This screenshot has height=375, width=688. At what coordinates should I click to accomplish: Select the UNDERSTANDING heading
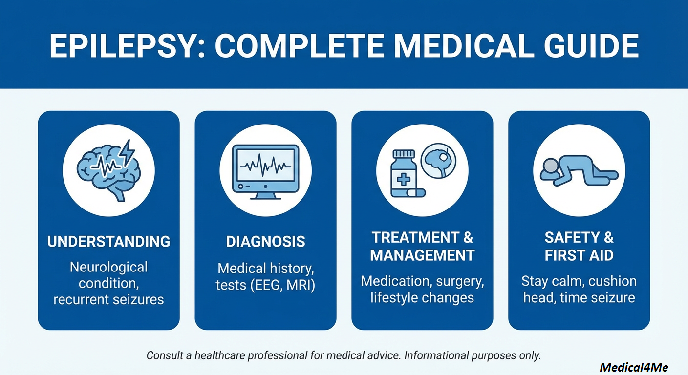click(108, 241)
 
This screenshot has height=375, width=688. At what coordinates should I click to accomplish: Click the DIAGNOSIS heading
click(265, 241)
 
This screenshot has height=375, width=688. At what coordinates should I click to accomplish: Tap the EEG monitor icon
click(265, 171)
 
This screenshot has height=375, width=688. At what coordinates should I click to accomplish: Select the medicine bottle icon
click(404, 174)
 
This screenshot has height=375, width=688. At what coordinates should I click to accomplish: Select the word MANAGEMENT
click(422, 255)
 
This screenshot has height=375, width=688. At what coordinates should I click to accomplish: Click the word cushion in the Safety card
click(612, 281)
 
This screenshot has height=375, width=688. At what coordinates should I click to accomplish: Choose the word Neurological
click(108, 267)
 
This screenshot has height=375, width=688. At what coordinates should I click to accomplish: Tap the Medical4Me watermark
click(633, 367)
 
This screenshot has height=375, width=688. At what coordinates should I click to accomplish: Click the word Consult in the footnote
click(165, 355)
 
